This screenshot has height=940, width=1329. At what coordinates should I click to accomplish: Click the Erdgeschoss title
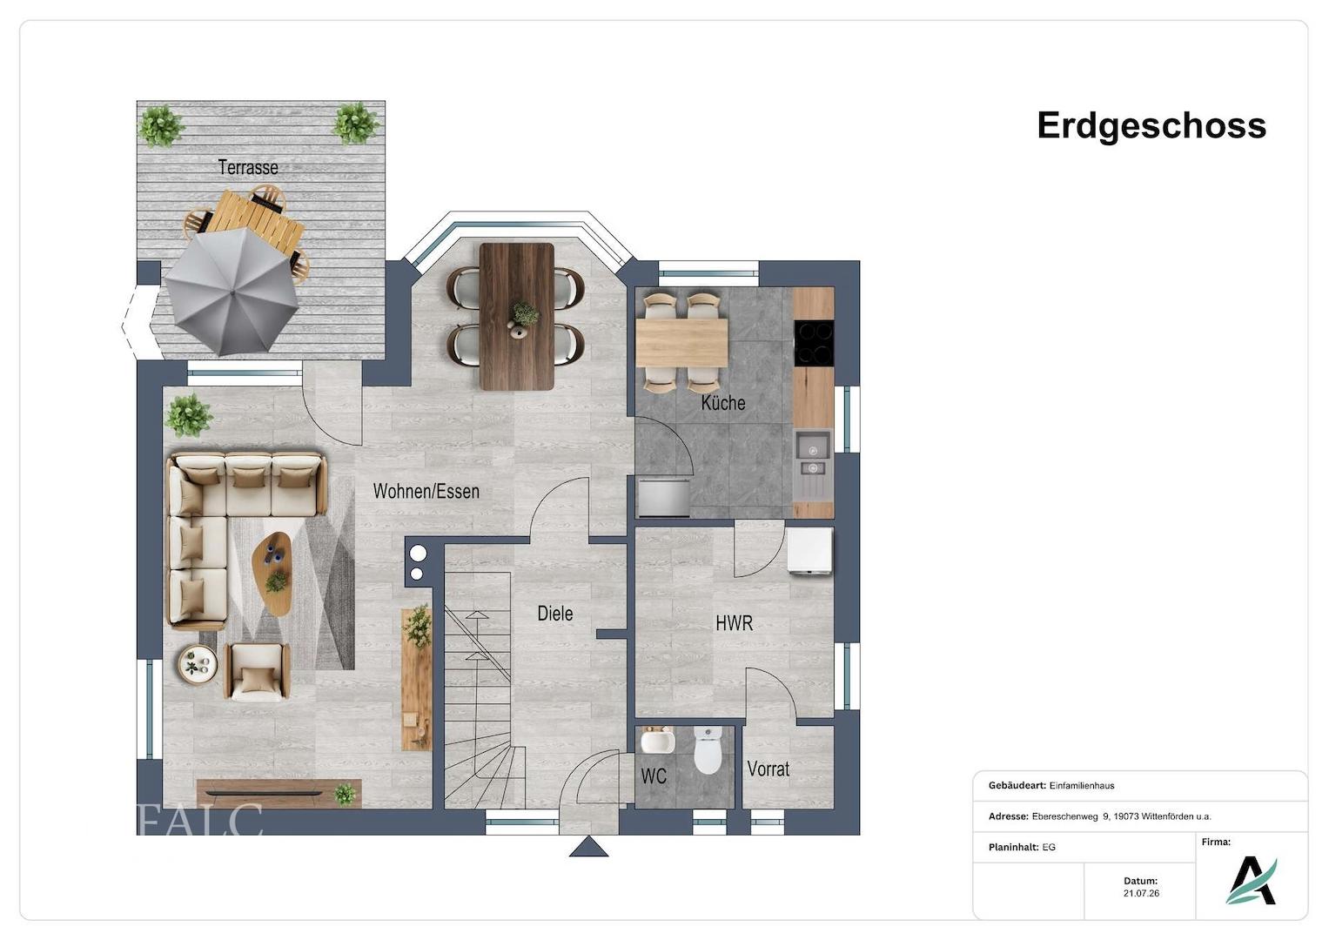click(1151, 126)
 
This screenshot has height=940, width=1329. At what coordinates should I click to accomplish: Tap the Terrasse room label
click(248, 167)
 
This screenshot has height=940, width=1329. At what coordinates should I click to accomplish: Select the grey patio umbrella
click(232, 292)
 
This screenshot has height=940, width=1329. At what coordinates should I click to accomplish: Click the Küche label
click(722, 403)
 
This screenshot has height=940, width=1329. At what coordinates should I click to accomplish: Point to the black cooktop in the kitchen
click(814, 342)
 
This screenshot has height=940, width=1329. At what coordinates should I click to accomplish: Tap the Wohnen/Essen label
click(426, 492)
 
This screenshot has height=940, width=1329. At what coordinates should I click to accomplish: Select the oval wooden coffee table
click(272, 574)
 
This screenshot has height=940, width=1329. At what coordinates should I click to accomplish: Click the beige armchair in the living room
click(257, 672)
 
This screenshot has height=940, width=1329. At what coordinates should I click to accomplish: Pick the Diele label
click(554, 613)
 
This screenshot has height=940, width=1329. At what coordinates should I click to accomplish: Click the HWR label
click(734, 623)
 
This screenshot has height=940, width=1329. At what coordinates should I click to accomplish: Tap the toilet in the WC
click(708, 750)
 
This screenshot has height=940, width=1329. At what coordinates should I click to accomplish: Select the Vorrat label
click(769, 769)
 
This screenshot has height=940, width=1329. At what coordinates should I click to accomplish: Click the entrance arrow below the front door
click(588, 846)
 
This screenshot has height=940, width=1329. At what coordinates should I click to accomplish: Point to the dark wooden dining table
click(517, 316)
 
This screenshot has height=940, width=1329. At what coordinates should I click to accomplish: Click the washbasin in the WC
click(657, 740)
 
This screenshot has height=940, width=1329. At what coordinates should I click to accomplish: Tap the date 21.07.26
click(1141, 893)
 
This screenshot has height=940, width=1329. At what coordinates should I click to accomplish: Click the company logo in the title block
click(1252, 881)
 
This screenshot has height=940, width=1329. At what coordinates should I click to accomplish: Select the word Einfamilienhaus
click(1082, 786)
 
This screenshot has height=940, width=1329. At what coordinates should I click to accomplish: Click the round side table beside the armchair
click(198, 665)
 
